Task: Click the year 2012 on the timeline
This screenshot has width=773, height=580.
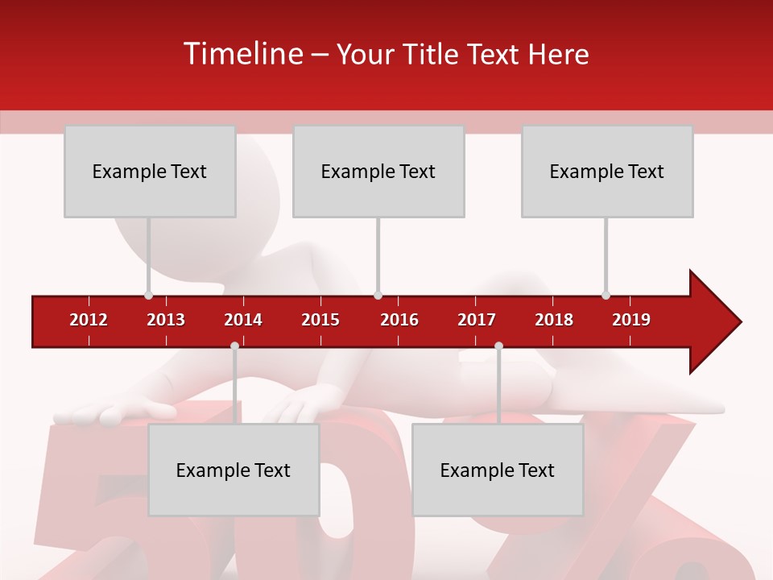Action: (89, 320)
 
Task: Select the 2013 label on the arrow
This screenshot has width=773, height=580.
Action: (166, 320)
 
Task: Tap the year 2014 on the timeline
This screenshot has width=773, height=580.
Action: (243, 320)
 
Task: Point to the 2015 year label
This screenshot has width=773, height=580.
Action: (320, 320)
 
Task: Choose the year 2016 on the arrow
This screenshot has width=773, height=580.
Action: (399, 320)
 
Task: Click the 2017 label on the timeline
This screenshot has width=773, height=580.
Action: (477, 320)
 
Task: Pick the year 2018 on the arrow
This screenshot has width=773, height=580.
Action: (554, 320)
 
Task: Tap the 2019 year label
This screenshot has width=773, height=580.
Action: (631, 320)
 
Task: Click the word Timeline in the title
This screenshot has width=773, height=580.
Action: (242, 54)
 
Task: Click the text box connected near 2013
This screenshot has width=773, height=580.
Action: (150, 171)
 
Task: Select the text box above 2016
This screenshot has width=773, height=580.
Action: (378, 171)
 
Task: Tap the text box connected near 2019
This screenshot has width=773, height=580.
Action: (607, 171)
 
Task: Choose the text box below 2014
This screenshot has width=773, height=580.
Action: (234, 470)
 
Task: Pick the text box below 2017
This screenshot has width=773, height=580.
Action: (498, 470)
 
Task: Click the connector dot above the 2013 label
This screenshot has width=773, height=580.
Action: (149, 296)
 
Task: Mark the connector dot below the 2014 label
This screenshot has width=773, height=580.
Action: (234, 346)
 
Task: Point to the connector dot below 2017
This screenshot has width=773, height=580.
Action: (498, 346)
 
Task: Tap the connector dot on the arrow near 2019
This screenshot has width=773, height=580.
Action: (606, 296)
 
